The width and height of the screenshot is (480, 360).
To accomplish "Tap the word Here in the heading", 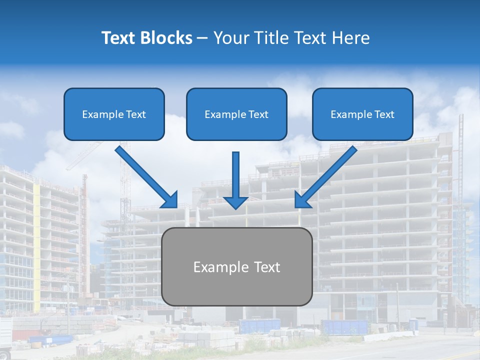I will [350, 38].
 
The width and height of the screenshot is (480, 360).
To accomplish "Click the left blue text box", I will [114, 114].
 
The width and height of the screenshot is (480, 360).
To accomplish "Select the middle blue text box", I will [236, 114].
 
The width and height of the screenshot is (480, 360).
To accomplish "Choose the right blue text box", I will [362, 114].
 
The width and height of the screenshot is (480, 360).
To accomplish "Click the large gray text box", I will [237, 266].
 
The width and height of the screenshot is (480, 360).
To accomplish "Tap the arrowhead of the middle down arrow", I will [235, 202].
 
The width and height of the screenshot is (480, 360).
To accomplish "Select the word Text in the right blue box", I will [384, 114].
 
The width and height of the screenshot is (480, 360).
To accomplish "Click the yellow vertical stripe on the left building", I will [36, 225].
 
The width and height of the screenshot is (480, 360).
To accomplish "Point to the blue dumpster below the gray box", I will [259, 326].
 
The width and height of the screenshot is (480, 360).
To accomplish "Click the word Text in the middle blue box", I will [258, 114].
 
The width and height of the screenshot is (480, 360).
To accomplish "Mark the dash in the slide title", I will [202, 38].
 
